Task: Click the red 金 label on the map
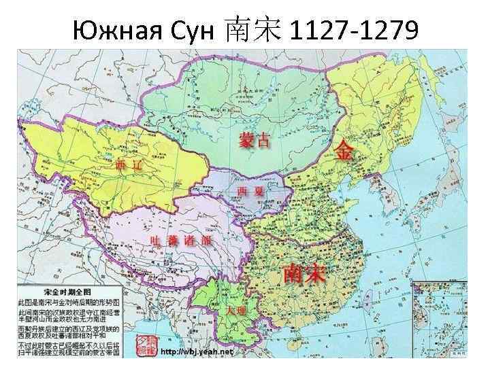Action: (344, 152)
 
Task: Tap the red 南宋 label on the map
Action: (304, 273)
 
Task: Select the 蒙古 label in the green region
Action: (254, 140)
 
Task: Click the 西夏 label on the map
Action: (250, 191)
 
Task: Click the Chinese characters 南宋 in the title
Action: (251, 29)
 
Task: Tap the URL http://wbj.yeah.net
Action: (198, 353)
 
